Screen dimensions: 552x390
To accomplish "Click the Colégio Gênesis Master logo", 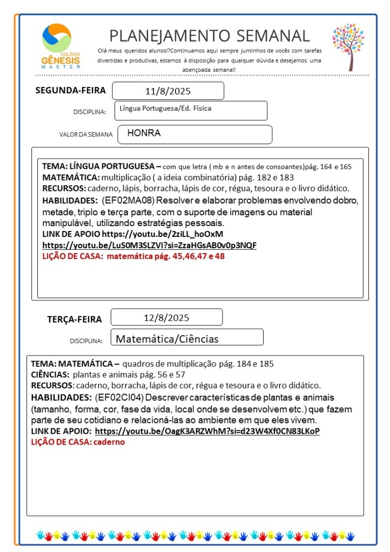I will tap(60, 46).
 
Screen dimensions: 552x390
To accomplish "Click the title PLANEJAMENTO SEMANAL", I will tap(210, 36).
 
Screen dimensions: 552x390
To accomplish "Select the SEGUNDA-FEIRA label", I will tap(71, 90).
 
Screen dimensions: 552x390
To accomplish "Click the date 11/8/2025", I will tap(168, 91).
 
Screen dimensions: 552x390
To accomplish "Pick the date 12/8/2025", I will tap(167, 317).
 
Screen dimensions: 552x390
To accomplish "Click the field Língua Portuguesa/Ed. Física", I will tap(166, 108).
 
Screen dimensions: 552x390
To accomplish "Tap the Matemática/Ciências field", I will tap(167, 339).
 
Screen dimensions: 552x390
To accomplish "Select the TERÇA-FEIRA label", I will tap(75, 319).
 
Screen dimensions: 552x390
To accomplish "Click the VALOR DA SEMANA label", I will tap(86, 134).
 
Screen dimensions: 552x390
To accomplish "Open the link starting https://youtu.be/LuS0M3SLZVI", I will tap(150, 245).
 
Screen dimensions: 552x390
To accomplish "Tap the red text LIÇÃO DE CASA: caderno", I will tap(78, 442).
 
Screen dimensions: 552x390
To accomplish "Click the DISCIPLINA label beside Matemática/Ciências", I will tap(86, 341).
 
